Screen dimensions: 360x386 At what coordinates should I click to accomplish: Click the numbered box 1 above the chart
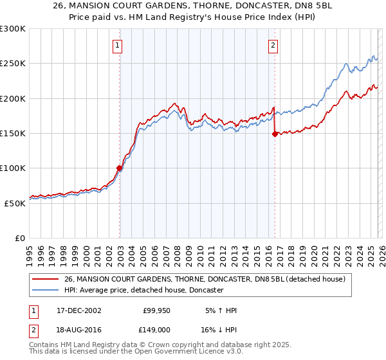pos(119,46)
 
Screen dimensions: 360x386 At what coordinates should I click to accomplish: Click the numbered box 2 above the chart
pos(273,46)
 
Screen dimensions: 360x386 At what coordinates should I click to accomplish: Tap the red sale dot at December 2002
pos(120,168)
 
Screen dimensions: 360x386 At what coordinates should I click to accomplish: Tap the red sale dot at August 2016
pos(275,134)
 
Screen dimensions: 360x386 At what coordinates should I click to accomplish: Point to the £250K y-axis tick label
pos(13,64)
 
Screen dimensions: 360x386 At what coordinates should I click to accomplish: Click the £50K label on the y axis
pos(15,203)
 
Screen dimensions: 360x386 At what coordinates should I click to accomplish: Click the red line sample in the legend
pos(46,279)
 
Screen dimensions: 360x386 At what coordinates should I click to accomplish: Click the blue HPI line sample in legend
pos(46,290)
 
